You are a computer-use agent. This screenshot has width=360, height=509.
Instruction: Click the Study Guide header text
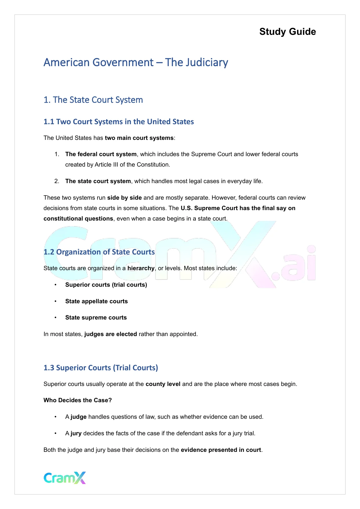(287, 32)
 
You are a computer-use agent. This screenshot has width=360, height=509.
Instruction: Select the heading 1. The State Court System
(93, 100)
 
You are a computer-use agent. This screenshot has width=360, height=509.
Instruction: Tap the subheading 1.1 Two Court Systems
(118, 122)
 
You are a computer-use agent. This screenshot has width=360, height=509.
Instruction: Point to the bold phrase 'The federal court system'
(101, 154)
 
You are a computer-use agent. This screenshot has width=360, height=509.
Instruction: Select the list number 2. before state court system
(57, 181)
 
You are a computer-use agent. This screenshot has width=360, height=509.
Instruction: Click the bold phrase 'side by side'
(124, 198)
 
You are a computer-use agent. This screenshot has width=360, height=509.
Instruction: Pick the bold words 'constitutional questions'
(78, 219)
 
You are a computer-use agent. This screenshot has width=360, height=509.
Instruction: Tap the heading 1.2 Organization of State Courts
(99, 252)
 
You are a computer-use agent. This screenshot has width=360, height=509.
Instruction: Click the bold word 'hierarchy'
(141, 268)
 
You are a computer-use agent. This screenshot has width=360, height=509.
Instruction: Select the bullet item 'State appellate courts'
(96, 301)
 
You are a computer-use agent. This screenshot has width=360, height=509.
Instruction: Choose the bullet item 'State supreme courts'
(96, 317)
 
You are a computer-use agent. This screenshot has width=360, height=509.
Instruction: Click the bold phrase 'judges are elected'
(111, 334)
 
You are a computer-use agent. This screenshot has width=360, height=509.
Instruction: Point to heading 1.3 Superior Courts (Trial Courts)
(101, 368)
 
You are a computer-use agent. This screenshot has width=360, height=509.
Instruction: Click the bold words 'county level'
(163, 384)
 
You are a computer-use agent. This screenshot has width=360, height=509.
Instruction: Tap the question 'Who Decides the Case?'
(77, 400)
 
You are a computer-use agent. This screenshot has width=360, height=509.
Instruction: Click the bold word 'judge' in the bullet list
(79, 417)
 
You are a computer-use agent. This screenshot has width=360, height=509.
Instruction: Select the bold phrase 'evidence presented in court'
(221, 450)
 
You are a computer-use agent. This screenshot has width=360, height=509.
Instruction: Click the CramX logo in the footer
(65, 478)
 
